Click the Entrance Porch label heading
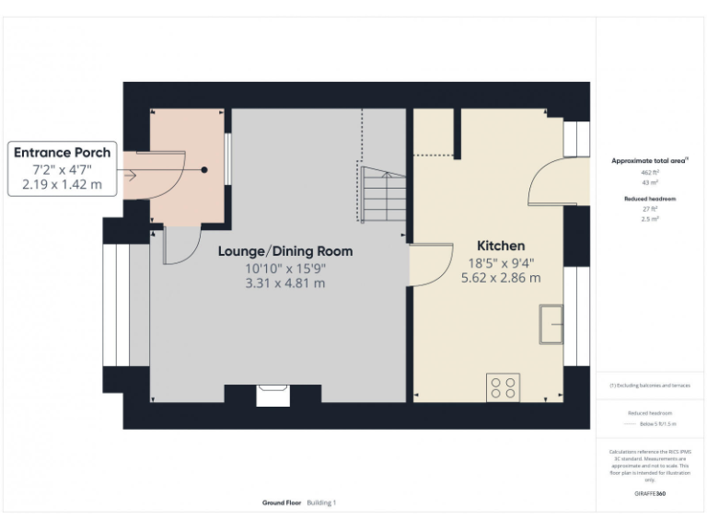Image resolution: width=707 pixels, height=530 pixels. point(63,153)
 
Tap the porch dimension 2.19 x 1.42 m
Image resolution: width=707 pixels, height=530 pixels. point(63,185)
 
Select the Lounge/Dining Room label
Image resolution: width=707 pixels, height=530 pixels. point(284,251)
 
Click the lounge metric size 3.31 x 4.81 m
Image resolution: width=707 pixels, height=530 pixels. point(284,283)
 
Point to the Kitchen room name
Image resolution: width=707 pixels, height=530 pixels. point(501,246)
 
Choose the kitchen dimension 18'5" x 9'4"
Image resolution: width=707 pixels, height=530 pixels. point(501,262)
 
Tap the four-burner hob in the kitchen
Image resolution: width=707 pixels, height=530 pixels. point(503,386)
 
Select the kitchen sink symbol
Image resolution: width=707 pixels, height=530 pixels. point(551,323)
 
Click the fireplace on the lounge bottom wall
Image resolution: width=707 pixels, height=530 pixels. point(273,395)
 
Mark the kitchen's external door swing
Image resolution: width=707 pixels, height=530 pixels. point(556,180)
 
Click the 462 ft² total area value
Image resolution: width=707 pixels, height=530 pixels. point(650,172)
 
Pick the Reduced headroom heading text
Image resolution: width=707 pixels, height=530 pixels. point(650,198)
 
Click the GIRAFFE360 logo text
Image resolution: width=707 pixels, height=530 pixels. point(650,494)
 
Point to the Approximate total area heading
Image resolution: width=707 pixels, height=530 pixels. point(650,161)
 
